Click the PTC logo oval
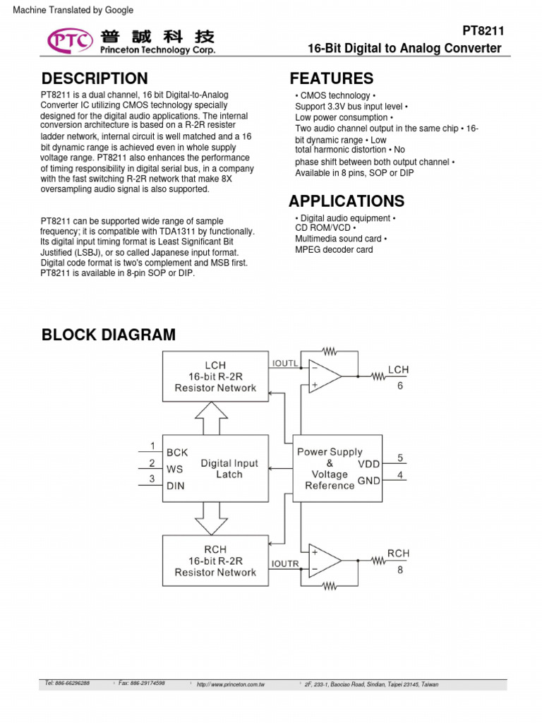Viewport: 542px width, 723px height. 70,41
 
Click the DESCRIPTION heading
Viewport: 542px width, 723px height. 95,78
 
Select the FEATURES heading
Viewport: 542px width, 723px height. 331,78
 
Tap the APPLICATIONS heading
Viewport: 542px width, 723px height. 347,201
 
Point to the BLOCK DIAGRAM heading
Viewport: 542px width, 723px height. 109,335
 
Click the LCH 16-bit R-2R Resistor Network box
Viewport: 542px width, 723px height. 215,377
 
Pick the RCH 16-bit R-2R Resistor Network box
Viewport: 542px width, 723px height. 215,561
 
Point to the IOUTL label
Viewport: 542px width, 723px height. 285,363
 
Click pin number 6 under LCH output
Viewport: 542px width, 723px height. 399,386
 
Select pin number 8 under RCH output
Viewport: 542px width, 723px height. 399,570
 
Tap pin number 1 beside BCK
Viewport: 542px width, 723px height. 152,446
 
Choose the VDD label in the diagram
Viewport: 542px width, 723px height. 368,464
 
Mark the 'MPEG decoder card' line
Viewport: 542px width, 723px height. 334,249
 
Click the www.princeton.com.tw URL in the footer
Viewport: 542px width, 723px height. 231,684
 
